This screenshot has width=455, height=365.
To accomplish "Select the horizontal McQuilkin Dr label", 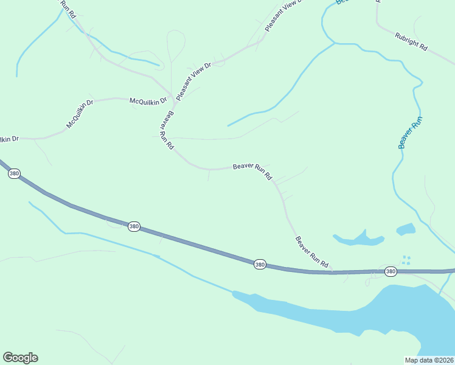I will [x=148, y=100].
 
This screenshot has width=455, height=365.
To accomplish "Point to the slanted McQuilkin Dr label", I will [x=80, y=114].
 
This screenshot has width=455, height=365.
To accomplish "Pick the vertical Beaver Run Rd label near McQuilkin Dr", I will [x=167, y=128].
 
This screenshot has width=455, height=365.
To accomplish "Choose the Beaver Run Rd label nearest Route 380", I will [x=312, y=252].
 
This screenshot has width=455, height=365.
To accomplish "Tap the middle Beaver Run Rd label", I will [x=252, y=171].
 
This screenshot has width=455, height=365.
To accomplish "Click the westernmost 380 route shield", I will [x=15, y=174].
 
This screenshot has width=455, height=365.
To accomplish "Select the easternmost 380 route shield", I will [x=391, y=271].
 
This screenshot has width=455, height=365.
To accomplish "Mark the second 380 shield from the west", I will [x=134, y=226].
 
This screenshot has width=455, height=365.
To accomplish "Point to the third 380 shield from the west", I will [x=260, y=264].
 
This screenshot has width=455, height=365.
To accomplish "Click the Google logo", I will [x=20, y=357].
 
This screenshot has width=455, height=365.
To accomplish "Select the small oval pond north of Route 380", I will [x=406, y=229].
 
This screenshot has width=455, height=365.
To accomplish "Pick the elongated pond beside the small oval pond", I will [x=358, y=240].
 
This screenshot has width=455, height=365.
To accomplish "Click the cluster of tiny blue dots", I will [x=406, y=260].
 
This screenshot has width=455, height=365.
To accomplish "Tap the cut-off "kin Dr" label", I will [x=9, y=139].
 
